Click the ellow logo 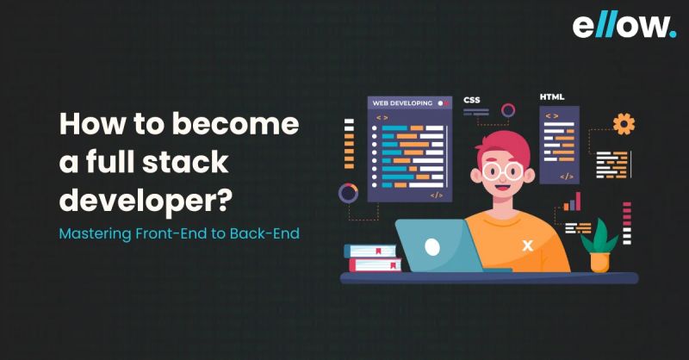[624, 26]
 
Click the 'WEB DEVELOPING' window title [402, 102]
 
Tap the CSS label [472, 100]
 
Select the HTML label [552, 96]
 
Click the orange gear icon [624, 124]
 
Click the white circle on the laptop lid [432, 246]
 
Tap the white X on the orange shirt [528, 245]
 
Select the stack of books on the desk [371, 258]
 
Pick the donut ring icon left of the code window [349, 193]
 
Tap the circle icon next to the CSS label [508, 109]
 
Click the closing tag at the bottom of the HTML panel [567, 176]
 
